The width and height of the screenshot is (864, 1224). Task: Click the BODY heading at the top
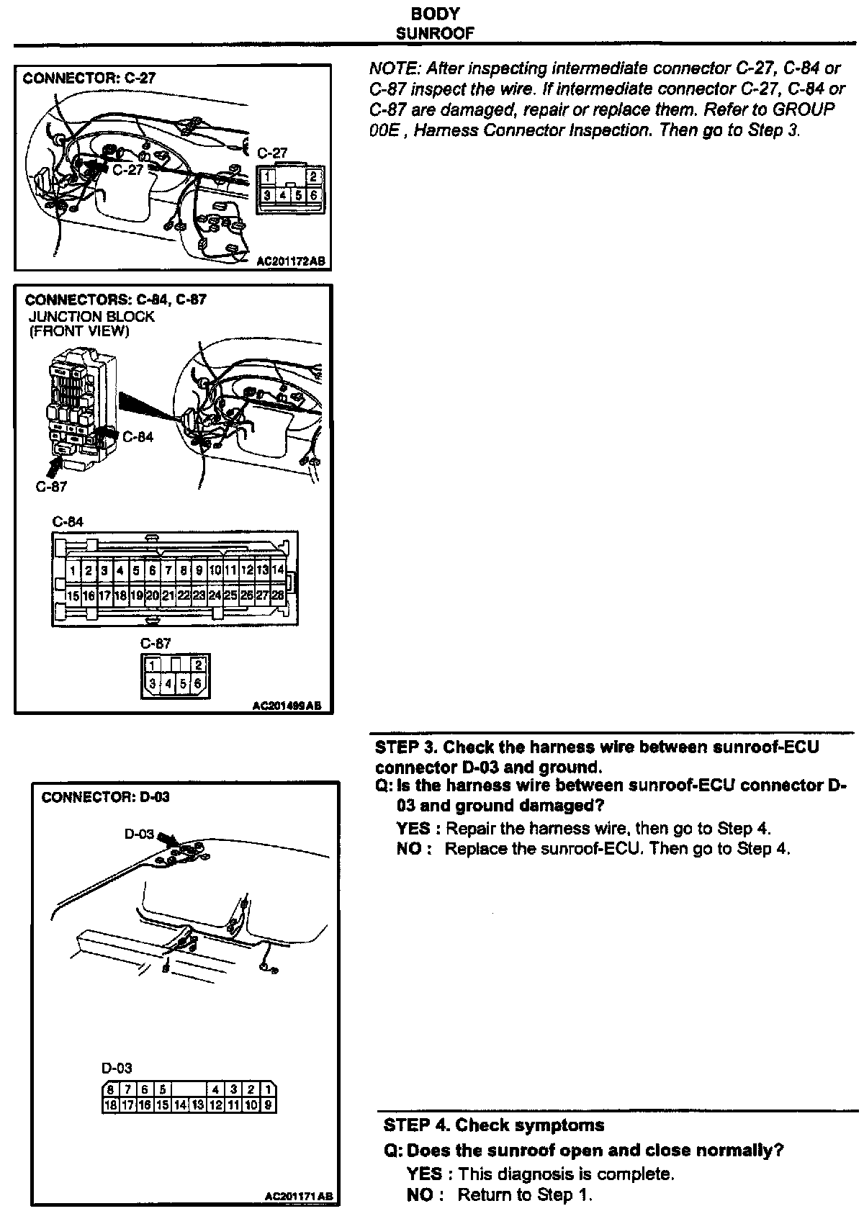tap(435, 14)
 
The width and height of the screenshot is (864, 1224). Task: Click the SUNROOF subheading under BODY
tap(435, 33)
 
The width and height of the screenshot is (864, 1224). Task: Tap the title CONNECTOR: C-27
tap(89, 78)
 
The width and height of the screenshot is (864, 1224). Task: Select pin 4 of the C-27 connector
tap(283, 194)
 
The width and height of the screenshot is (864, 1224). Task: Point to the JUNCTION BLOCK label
tap(91, 316)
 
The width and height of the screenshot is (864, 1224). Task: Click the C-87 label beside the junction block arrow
tap(51, 486)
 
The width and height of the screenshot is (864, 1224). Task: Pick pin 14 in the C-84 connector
tap(278, 570)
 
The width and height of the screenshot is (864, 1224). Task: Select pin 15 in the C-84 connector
tap(73, 595)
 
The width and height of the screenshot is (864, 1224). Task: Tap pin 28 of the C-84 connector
tap(278, 595)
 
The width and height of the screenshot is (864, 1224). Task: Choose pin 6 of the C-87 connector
tap(198, 683)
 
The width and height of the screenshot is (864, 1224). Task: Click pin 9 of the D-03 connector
tap(268, 1104)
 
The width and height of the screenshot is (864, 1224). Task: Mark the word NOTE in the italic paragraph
tap(393, 68)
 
